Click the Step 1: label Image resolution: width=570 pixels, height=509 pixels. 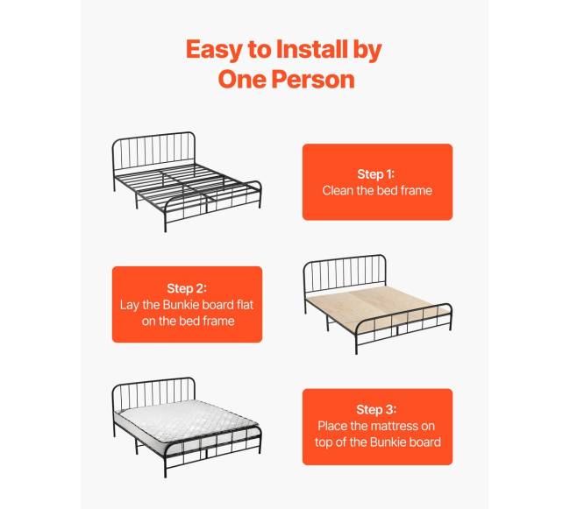376,174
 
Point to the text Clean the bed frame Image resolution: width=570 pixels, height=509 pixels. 377,190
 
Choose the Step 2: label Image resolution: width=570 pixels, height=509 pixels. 187,288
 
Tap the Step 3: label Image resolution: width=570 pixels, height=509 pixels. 376,409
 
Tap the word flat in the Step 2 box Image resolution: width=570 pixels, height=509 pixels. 245,305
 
